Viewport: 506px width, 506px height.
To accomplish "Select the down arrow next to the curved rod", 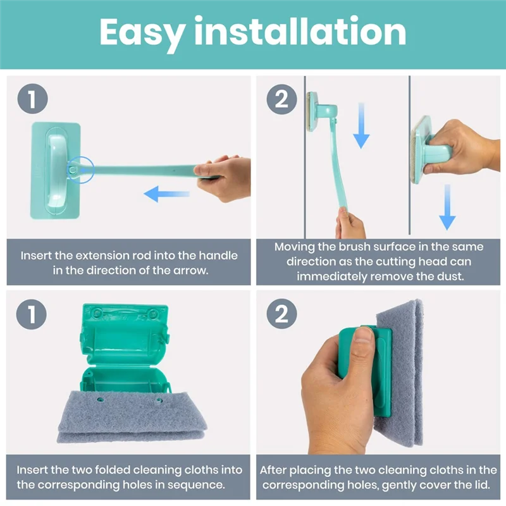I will click(361, 123).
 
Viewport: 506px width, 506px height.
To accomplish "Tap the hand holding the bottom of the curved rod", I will click(350, 225).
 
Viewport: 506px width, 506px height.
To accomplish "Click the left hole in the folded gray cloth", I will click(101, 399).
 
